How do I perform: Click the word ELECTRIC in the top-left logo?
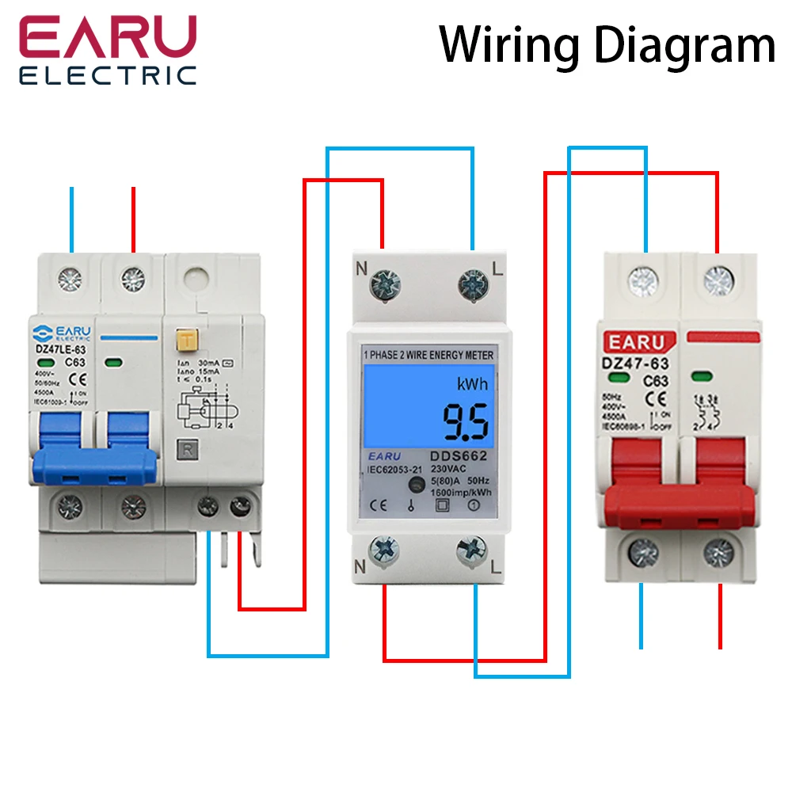pos(108,76)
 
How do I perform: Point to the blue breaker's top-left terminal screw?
pos(72,278)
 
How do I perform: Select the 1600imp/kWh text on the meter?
pos(462,492)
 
